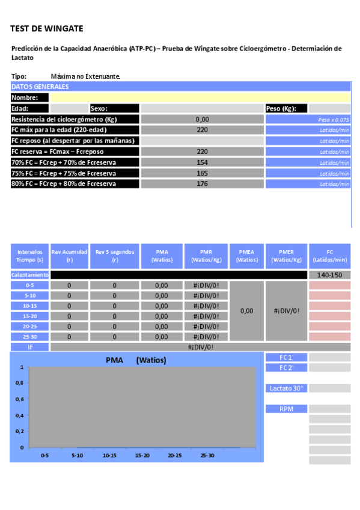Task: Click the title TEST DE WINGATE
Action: click(47, 28)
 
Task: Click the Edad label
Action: click(20, 108)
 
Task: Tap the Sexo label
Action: click(99, 108)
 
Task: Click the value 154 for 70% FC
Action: click(202, 162)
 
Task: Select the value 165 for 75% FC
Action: click(202, 173)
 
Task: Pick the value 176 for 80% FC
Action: click(202, 183)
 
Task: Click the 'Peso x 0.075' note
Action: click(334, 120)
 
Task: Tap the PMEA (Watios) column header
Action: click(247, 256)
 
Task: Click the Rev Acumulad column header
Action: click(69, 256)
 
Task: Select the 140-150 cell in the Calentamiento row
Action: click(329, 275)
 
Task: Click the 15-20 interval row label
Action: click(29, 316)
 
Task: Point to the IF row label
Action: click(29, 347)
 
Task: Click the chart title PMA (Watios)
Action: click(135, 360)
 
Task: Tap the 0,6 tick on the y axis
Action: click(19, 399)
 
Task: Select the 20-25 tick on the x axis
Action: click(175, 456)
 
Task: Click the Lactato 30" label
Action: click(286, 389)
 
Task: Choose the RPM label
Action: click(286, 409)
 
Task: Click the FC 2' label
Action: click(286, 367)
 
